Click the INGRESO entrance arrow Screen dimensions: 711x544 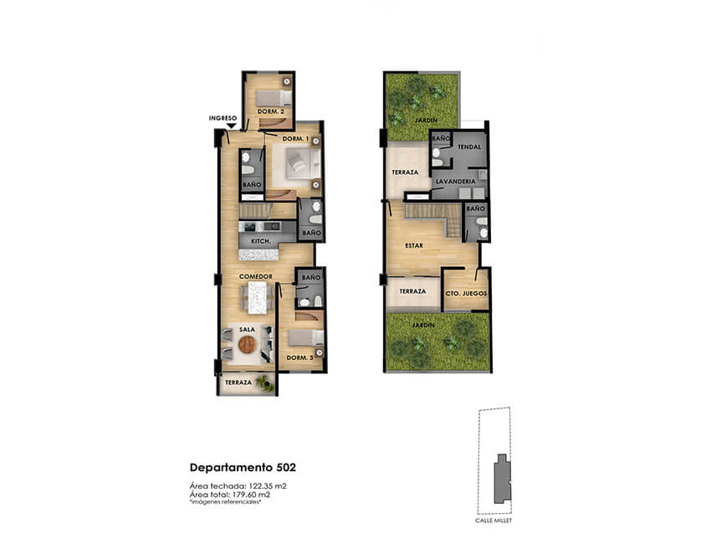click(231, 126)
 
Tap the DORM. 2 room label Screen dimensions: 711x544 click(271, 111)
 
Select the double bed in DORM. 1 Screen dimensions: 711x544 click(303, 162)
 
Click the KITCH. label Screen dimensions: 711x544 click(261, 241)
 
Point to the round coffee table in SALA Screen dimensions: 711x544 click(248, 344)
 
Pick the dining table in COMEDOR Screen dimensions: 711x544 click(256, 297)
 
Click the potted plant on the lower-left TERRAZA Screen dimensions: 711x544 click(263, 383)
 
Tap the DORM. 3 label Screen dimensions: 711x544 click(299, 357)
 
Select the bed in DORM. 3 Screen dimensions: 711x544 click(306, 337)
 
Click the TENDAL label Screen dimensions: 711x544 click(469, 147)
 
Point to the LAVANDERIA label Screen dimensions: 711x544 click(456, 182)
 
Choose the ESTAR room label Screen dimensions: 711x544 click(414, 245)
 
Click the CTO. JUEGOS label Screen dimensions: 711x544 click(466, 294)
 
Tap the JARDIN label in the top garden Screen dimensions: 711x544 click(427, 121)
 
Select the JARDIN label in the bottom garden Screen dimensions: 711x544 click(423, 326)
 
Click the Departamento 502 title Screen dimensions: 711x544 click(243, 467)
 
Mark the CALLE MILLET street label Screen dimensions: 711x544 click(494, 521)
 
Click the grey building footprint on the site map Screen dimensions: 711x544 click(502, 478)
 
